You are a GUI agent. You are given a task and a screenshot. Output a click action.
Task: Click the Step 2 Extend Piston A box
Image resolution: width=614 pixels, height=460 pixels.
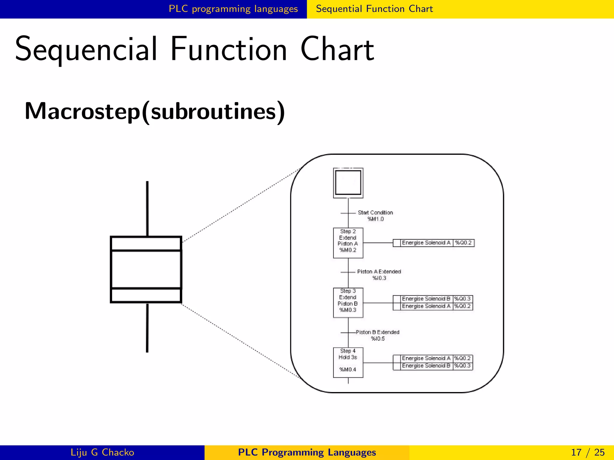click(x=348, y=243)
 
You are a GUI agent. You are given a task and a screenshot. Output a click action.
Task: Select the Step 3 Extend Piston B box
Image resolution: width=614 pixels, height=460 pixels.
click(x=348, y=303)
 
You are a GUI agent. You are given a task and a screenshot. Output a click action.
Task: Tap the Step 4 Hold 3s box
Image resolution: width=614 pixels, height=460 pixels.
click(x=348, y=362)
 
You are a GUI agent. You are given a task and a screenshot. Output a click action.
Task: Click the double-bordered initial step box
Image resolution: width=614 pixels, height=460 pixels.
click(x=348, y=183)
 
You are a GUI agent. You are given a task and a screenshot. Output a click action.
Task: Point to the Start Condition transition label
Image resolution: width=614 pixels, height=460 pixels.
click(x=375, y=213)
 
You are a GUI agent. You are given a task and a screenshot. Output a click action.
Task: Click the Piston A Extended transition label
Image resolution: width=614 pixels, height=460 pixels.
click(x=379, y=272)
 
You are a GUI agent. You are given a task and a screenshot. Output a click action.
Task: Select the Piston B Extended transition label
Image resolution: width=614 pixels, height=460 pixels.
click(x=377, y=332)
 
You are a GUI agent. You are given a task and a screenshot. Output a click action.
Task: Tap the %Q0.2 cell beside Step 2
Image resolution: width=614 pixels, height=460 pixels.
click(x=463, y=243)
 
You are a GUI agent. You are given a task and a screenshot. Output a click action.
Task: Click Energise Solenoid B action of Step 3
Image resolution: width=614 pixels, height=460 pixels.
click(x=426, y=299)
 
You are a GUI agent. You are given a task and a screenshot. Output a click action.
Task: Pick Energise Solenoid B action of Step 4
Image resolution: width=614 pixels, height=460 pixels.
click(x=426, y=366)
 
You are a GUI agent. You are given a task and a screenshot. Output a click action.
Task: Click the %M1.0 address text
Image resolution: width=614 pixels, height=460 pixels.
click(x=375, y=219)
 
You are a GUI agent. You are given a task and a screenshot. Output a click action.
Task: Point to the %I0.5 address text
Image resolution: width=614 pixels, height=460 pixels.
click(x=377, y=339)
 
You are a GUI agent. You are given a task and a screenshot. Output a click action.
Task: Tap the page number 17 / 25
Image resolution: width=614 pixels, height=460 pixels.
click(x=588, y=452)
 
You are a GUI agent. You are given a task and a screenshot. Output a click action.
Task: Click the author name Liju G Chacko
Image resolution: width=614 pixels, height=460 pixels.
click(x=102, y=452)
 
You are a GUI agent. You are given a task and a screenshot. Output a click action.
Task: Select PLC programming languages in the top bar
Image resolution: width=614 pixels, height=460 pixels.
click(x=233, y=9)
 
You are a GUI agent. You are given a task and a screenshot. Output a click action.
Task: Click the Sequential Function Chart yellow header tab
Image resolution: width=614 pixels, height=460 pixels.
click(x=374, y=9)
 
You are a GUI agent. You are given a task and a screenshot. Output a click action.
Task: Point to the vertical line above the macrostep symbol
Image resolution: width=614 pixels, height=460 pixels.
click(x=147, y=208)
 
